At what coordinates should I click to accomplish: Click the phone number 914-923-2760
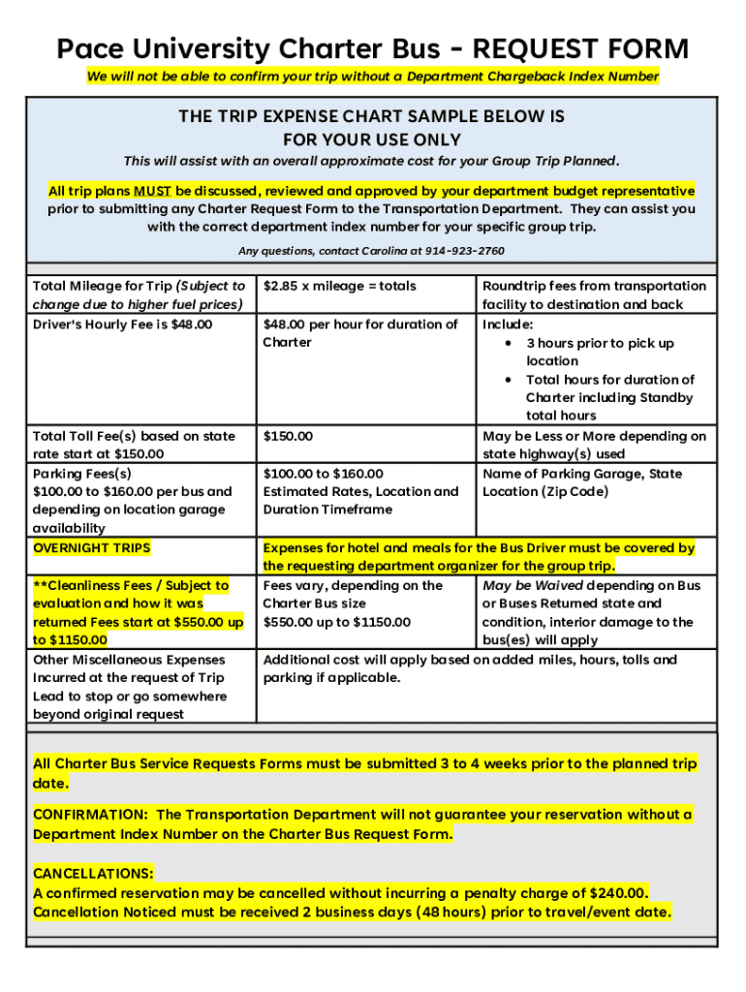(465, 251)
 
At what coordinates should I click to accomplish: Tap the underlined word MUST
(152, 191)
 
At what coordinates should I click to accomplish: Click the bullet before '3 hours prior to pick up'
(510, 343)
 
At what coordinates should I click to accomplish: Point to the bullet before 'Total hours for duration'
(510, 380)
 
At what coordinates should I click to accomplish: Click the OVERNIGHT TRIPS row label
(92, 548)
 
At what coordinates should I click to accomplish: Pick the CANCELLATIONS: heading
(93, 873)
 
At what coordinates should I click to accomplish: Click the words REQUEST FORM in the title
(580, 48)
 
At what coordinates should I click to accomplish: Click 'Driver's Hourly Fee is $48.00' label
(122, 325)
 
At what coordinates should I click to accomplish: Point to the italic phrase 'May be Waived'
(533, 585)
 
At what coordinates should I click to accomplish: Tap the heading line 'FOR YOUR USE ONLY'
(371, 139)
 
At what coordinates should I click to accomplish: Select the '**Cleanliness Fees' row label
(131, 585)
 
